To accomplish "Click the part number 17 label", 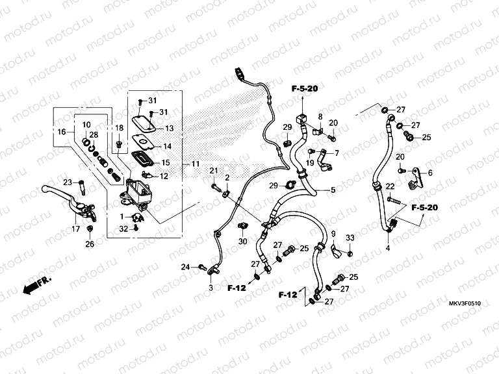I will tap(75, 229).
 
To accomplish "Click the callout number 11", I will tap(196, 164).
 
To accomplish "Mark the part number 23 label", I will tap(67, 182).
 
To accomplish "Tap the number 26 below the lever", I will tap(90, 244).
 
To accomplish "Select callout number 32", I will tap(124, 228).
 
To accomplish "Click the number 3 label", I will tap(210, 287).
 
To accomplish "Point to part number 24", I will tap(185, 267).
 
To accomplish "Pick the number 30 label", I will tap(242, 242).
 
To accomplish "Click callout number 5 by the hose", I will tap(333, 190).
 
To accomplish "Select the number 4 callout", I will tap(388, 247).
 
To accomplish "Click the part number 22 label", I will tap(390, 187).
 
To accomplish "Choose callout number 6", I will tap(429, 172).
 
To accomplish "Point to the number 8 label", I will tap(320, 116).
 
